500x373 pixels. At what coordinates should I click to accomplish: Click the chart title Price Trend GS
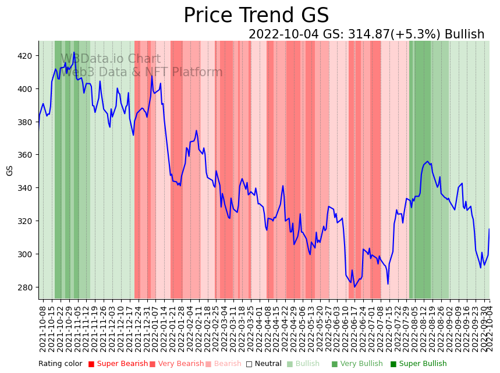[256, 15]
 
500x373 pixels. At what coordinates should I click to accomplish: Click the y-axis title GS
[10, 170]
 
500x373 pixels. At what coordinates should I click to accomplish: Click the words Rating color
[61, 364]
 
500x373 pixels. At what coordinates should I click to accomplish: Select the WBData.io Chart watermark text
[111, 59]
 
